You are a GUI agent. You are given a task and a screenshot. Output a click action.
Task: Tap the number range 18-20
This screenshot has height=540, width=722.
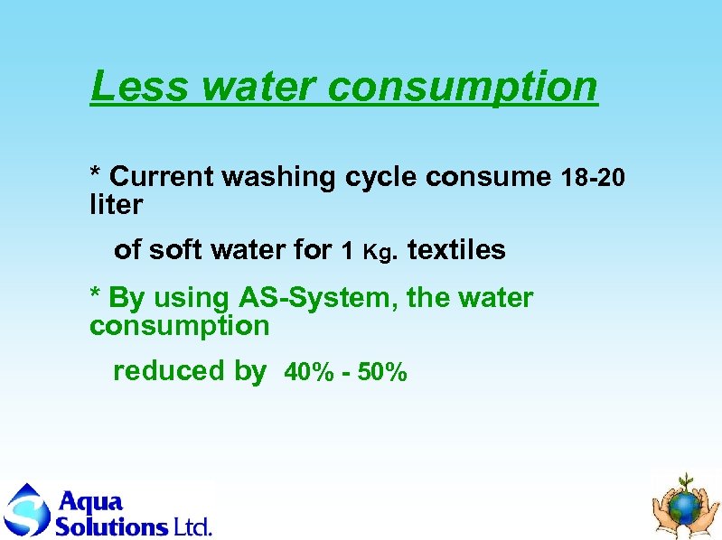click(x=593, y=178)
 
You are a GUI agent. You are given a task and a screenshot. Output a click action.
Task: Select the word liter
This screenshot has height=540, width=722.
click(x=116, y=206)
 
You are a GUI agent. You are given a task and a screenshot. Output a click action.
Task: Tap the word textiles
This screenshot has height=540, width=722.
click(x=456, y=250)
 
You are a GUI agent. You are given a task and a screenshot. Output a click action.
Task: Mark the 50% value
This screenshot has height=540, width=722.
click(x=383, y=372)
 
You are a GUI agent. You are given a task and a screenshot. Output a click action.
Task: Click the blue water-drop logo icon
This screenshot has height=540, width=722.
click(x=27, y=511)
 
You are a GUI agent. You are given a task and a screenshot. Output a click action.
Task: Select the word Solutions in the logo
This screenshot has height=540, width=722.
click(x=111, y=526)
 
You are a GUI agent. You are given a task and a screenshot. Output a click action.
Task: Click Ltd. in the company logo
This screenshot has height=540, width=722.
click(x=192, y=526)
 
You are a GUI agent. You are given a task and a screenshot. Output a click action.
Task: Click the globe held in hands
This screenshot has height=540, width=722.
click(x=688, y=507)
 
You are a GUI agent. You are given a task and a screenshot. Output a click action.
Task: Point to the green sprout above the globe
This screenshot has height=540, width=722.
click(x=688, y=479)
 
